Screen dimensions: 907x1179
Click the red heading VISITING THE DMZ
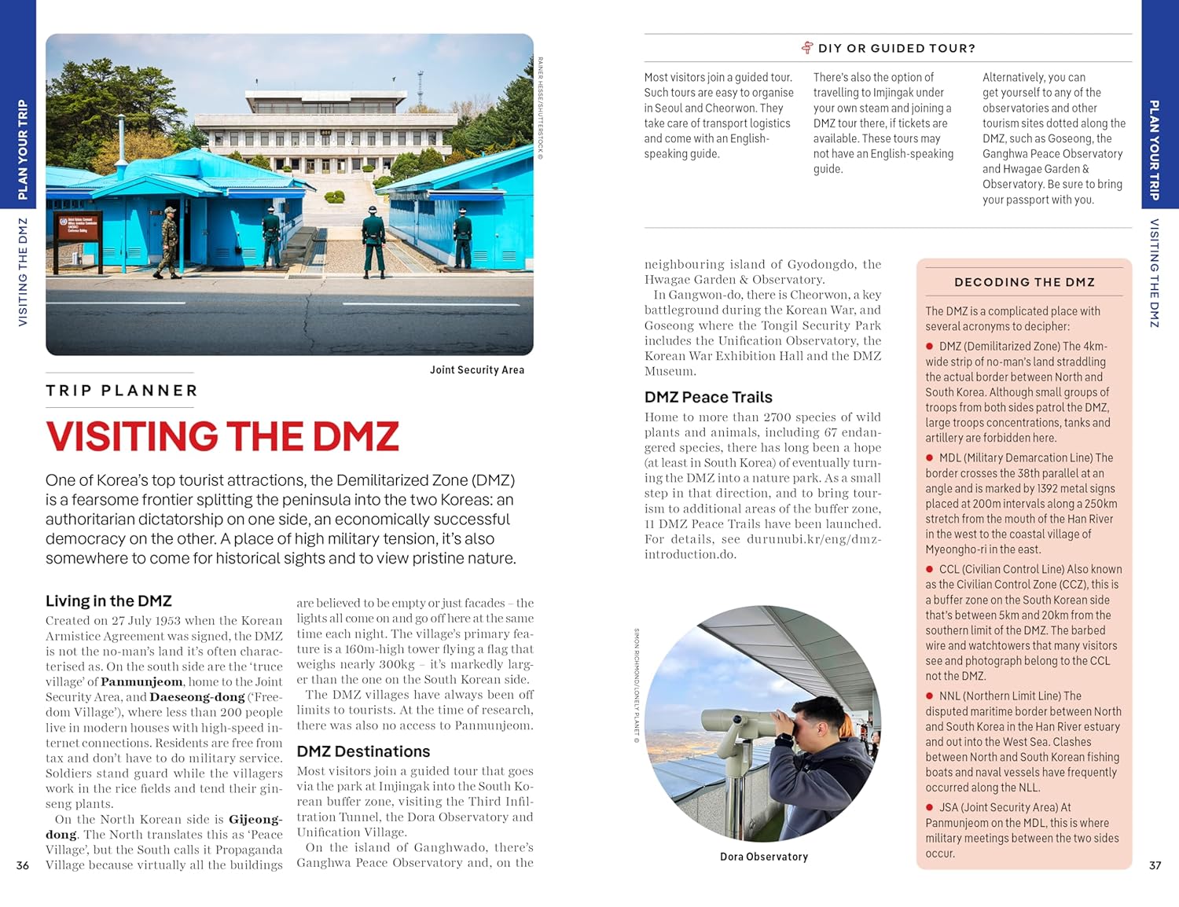[222, 437]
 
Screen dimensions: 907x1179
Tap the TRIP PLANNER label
[122, 391]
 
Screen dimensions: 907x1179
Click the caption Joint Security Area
[476, 370]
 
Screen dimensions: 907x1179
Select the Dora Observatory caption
[763, 857]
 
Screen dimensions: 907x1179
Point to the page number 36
[23, 865]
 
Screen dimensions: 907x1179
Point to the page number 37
[1155, 865]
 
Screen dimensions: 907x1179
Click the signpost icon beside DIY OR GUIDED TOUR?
[807, 48]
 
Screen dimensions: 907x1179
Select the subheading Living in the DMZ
[108, 601]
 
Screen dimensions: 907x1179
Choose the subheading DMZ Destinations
[363, 751]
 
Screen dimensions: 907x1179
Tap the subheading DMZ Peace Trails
[708, 397]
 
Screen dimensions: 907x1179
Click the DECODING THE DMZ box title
[1024, 282]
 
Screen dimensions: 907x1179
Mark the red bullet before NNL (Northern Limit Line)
[930, 696]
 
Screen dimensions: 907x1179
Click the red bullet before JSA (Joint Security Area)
[930, 807]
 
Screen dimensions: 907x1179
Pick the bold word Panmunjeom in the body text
[141, 682]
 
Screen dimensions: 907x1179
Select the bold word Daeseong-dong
[196, 697]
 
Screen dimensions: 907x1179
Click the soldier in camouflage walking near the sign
[169, 240]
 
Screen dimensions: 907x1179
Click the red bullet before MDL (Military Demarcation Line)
[930, 457]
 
